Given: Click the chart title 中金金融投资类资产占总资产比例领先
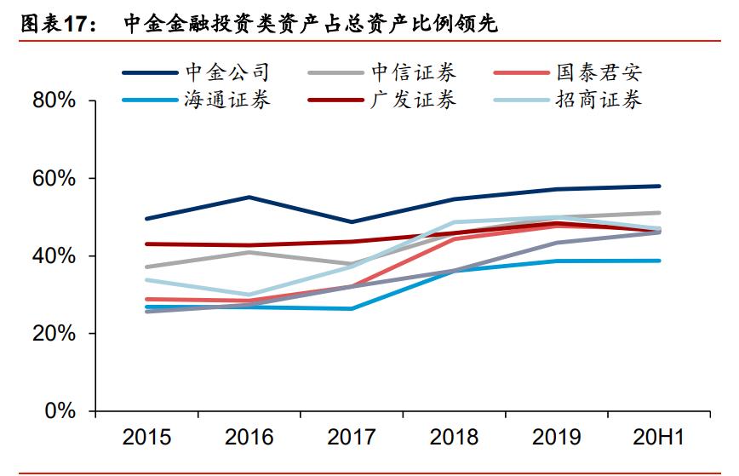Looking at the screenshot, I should coord(311,26).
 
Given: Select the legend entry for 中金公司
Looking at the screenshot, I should coord(226,73).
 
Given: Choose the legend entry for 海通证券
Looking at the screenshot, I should coord(226,100).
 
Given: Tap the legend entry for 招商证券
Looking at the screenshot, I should coord(599,100).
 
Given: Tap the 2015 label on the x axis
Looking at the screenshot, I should coord(146,438).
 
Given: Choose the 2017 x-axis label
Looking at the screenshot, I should coord(352,438).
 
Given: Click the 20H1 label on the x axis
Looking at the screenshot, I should coord(658,438).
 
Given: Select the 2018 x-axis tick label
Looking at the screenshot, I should coord(454,438).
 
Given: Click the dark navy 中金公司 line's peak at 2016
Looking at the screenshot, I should coord(249,197).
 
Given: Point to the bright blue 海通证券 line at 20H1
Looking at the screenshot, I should coord(659,261).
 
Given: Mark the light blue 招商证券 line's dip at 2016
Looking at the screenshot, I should coord(249,295).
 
